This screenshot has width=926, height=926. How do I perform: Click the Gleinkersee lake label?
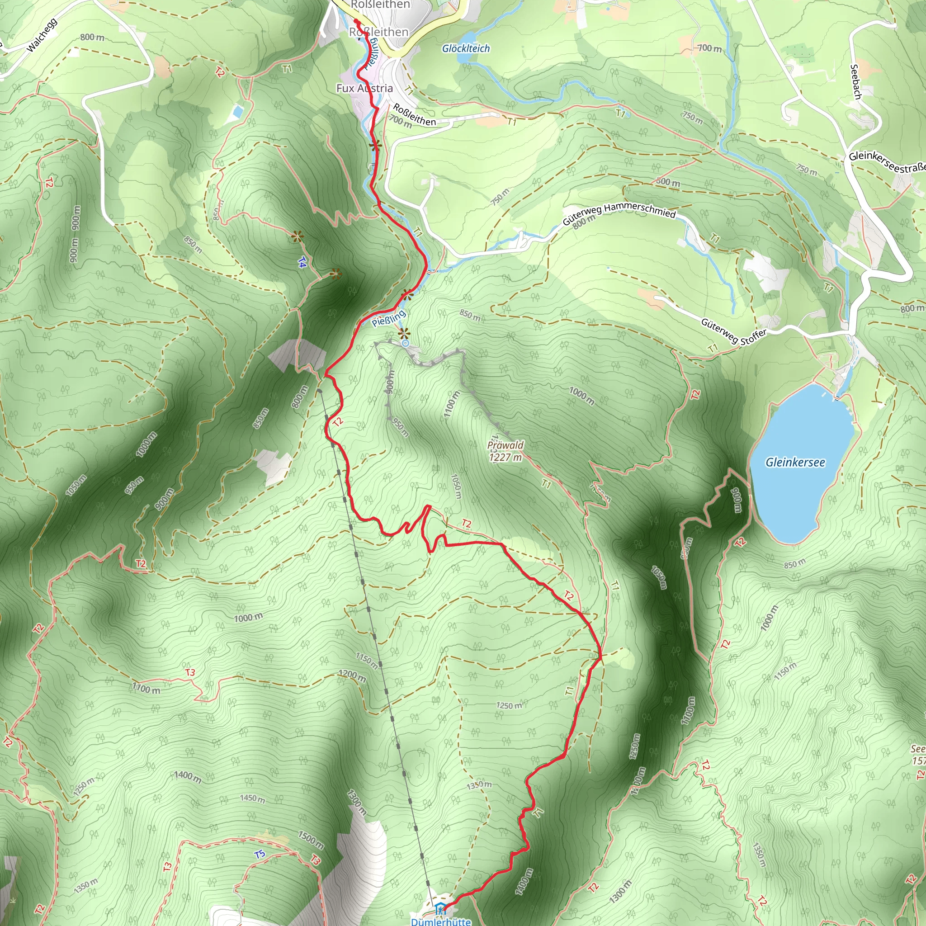pos(795,463)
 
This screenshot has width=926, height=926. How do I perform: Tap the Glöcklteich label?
pos(466,48)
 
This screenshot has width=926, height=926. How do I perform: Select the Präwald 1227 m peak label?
pos(505,451)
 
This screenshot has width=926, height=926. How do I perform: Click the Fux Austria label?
pos(364,88)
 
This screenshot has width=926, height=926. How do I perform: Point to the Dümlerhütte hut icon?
pos(439,909)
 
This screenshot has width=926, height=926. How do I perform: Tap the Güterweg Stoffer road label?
pos(733,331)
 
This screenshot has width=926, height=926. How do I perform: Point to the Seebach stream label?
pos(855,81)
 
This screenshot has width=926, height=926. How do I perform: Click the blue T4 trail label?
pos(302,262)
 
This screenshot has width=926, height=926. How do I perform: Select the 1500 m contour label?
pos(311,838)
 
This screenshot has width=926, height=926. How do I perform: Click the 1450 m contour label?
pos(252,798)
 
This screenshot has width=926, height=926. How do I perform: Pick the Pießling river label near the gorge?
pos(389,318)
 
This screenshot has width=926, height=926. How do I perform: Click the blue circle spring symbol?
pos(406,343)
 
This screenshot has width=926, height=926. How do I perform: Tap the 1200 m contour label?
pos(352,676)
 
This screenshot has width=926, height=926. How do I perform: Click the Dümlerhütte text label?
pos(441,921)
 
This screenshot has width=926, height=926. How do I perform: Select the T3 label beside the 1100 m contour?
pos(190,672)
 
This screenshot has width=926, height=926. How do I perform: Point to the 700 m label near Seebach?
pos(709,48)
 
